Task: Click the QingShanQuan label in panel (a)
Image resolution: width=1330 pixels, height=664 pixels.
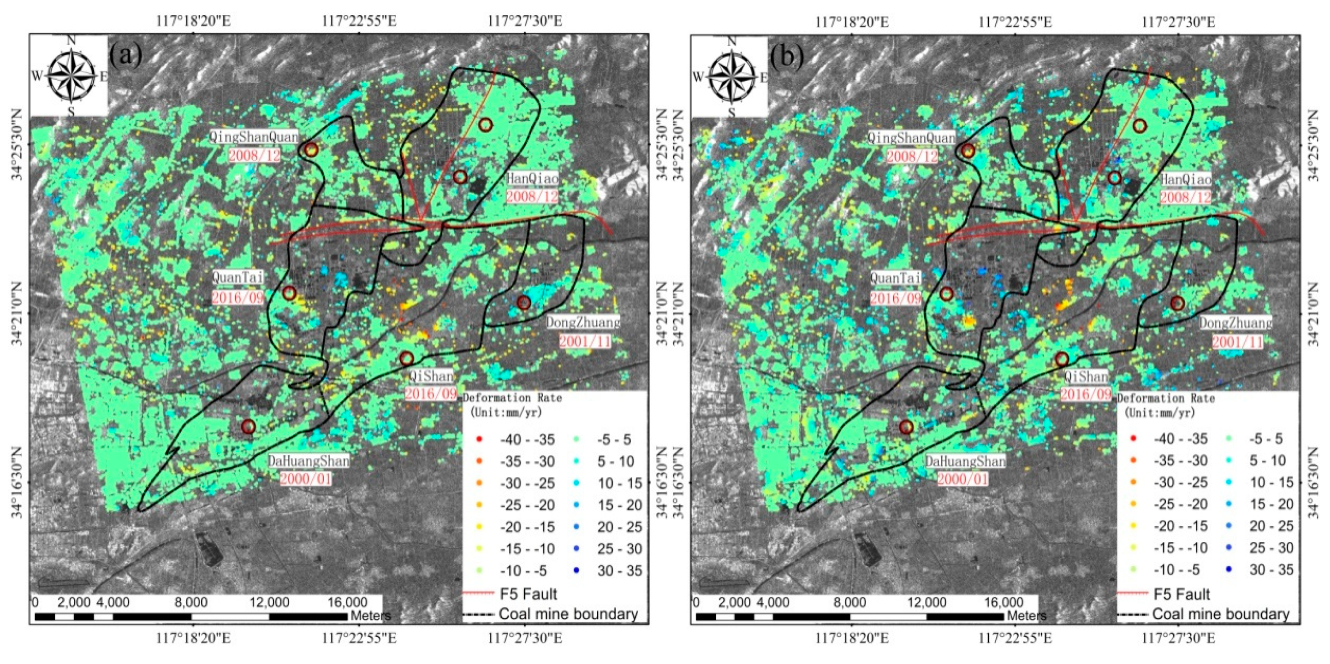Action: [x=254, y=137]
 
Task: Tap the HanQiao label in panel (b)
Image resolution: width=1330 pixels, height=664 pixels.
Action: [x=1186, y=180]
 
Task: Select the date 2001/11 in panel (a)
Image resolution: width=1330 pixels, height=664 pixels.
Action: [x=584, y=341]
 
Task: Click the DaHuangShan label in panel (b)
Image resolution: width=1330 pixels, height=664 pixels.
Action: [x=965, y=461]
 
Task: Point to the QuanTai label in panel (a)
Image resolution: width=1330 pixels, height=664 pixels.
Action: [x=237, y=277]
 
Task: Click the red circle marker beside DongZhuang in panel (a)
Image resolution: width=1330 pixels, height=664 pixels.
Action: [x=523, y=303]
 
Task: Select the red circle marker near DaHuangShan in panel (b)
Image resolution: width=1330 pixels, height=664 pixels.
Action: [x=906, y=427]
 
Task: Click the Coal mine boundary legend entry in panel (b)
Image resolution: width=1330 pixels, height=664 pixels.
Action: [x=1221, y=613]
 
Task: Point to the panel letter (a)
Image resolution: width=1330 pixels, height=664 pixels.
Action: [x=125, y=56]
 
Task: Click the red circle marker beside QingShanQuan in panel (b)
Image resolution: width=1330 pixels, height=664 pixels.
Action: [x=968, y=151]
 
